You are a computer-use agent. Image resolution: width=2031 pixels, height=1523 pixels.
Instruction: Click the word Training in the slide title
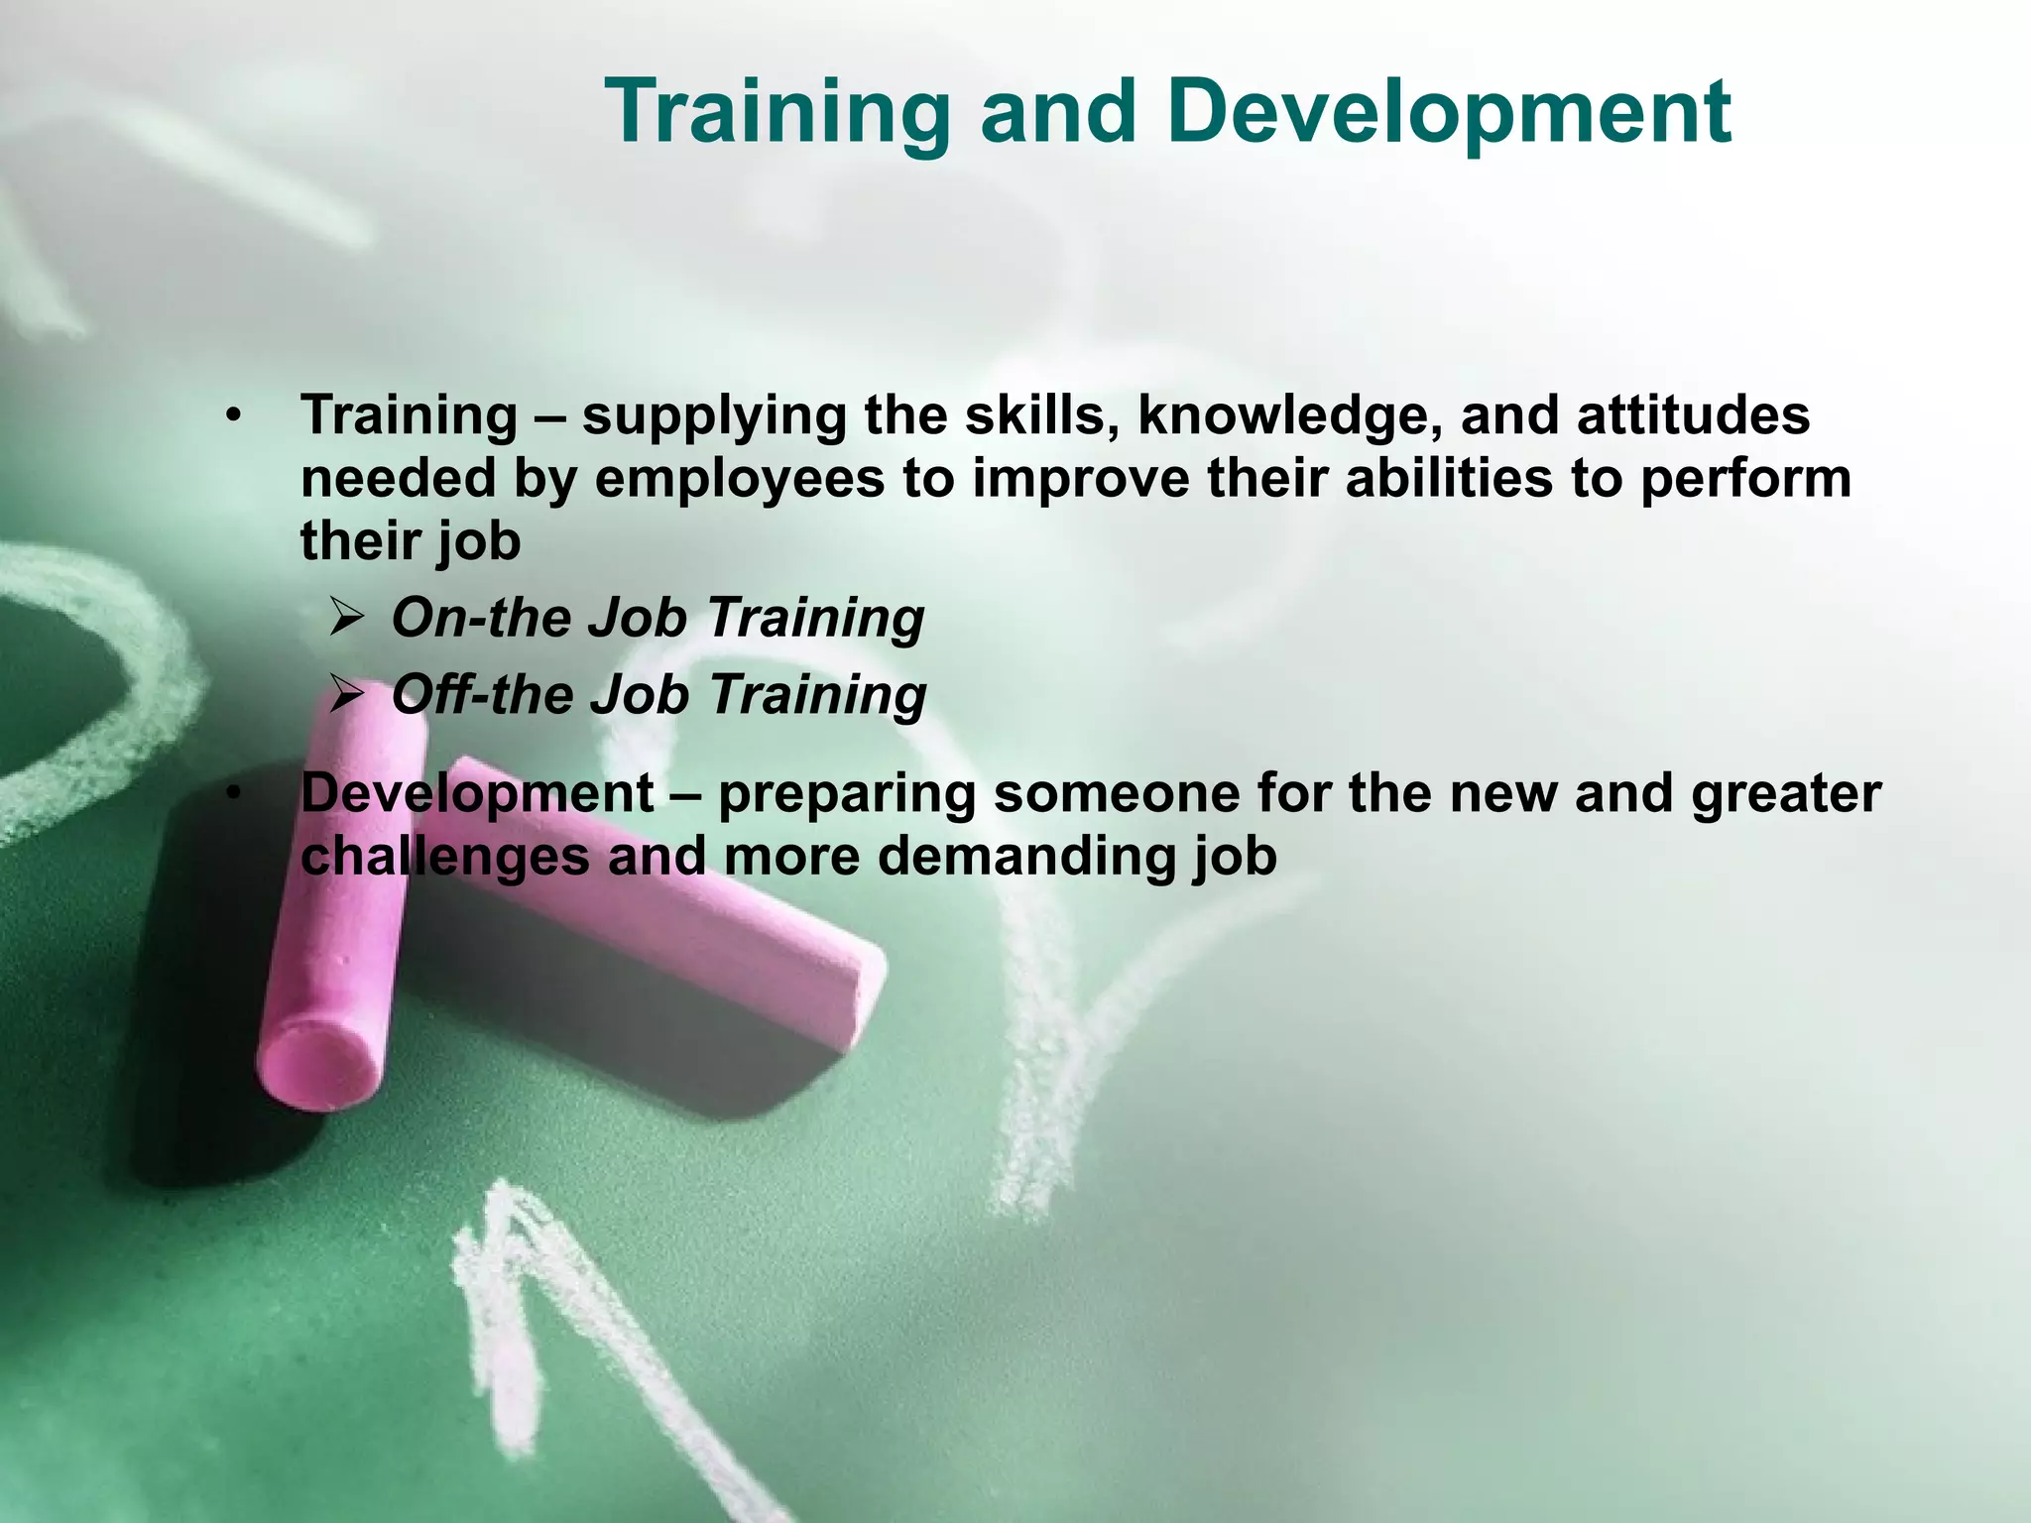coord(777,113)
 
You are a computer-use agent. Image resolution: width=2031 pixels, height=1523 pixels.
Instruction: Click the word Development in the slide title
coord(1449,113)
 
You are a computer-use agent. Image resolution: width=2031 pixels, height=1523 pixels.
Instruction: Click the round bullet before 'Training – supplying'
coord(233,415)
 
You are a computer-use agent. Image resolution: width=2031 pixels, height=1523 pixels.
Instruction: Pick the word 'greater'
coord(1785,794)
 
